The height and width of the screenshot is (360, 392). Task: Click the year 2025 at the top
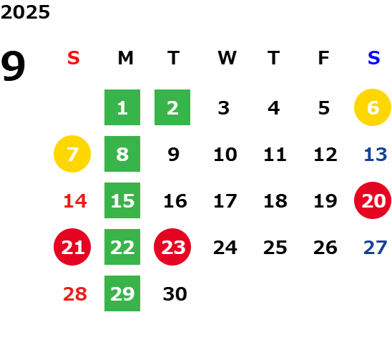25,12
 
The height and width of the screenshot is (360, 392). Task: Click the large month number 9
13,66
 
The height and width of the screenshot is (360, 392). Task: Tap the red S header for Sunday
74,58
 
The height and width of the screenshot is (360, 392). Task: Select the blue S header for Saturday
374,58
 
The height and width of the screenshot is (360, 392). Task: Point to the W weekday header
227,58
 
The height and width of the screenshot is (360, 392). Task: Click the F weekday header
324,58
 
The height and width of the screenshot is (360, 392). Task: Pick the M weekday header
125,58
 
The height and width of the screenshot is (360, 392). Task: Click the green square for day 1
122,107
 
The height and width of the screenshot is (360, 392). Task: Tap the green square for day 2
172,107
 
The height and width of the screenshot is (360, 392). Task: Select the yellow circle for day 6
373,107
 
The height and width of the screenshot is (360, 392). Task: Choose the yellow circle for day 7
72,154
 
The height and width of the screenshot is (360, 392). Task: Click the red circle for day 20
373,200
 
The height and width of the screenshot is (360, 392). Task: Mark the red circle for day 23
172,247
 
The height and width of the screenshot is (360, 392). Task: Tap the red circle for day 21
72,247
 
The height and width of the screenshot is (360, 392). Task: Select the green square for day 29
122,293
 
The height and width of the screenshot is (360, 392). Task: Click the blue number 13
376,155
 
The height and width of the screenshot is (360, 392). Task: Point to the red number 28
75,294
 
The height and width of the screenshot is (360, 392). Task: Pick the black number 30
175,294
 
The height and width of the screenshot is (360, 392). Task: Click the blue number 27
376,248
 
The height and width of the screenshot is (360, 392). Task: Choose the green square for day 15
122,200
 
